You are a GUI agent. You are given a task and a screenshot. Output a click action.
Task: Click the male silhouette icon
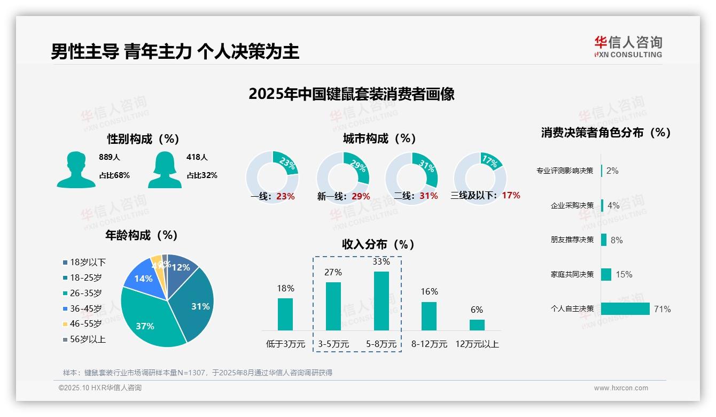pyautogui.click(x=76, y=170)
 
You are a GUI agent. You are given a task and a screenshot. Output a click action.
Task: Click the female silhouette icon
pyautogui.click(x=165, y=170)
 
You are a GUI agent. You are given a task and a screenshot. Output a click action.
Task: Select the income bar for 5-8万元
pyautogui.click(x=381, y=301)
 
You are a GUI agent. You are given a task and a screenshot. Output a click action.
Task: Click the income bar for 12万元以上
pyautogui.click(x=477, y=325)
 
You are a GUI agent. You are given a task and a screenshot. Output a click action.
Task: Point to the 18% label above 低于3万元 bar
pyautogui.click(x=285, y=288)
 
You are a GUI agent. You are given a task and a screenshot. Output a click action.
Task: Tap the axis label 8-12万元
pyautogui.click(x=429, y=344)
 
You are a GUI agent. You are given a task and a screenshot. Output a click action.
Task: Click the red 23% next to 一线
pyautogui.click(x=285, y=196)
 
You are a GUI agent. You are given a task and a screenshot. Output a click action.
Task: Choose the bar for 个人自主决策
pyautogui.click(x=625, y=308)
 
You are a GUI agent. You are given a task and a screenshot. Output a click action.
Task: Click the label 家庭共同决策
pyautogui.click(x=572, y=274)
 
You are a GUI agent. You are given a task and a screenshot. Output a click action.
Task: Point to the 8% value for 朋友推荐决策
pyautogui.click(x=617, y=240)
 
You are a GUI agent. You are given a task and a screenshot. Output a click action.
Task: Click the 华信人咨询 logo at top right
pyautogui.click(x=628, y=47)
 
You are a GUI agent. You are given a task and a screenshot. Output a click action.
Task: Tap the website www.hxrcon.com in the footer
pyautogui.click(x=621, y=388)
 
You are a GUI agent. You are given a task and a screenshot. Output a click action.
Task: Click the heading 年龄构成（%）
pyautogui.click(x=142, y=235)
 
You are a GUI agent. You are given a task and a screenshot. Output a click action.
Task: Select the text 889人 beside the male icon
pyautogui.click(x=110, y=157)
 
